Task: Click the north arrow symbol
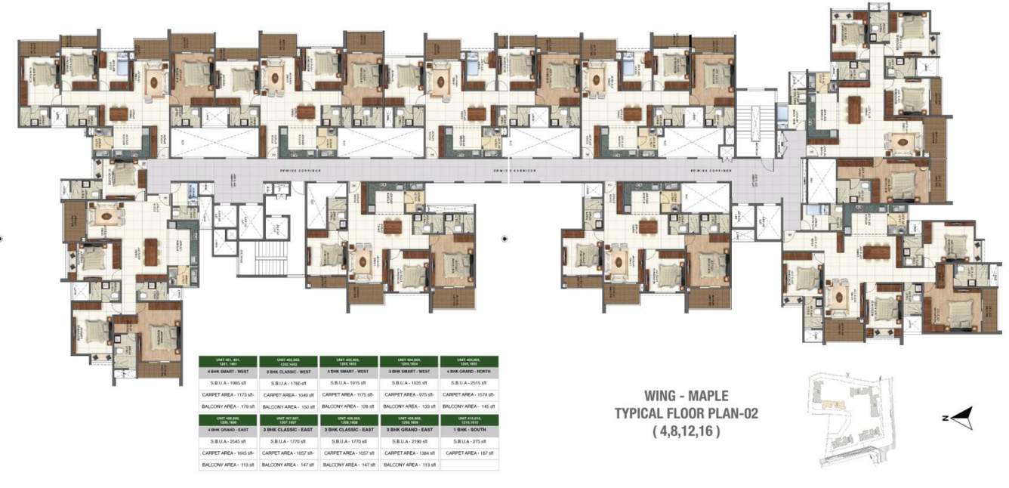(961, 415)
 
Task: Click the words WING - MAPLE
(687, 395)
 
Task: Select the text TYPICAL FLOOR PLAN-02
(686, 413)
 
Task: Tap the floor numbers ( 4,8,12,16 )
(686, 432)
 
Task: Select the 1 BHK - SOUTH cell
(469, 428)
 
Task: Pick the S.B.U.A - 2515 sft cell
(469, 383)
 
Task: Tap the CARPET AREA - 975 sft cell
(409, 394)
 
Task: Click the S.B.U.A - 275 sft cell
(469, 440)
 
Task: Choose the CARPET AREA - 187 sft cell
(469, 452)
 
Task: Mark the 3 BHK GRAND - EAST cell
(409, 428)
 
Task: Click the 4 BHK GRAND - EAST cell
(227, 428)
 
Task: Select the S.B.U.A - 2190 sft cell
(409, 440)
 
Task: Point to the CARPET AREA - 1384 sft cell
(409, 452)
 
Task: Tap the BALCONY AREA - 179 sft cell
(227, 406)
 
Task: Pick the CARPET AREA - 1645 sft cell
(227, 452)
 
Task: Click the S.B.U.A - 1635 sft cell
(409, 383)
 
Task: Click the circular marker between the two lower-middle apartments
(505, 239)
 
